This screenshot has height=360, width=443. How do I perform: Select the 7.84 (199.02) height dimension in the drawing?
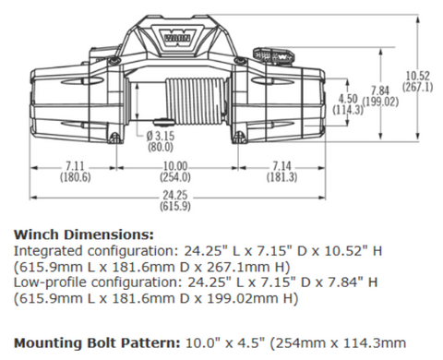click(x=379, y=95)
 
